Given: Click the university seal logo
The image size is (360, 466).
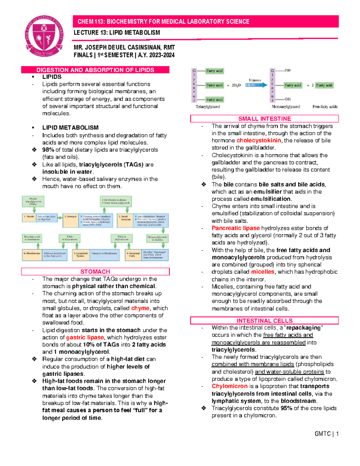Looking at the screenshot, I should (x=44, y=36).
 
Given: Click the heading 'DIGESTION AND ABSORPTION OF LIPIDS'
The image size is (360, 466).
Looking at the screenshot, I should (x=95, y=70).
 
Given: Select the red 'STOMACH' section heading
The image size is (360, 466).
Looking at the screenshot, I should (x=95, y=272).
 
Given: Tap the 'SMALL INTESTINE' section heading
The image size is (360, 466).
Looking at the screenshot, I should (x=264, y=119).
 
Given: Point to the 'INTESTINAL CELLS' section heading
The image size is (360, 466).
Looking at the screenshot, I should (x=264, y=321).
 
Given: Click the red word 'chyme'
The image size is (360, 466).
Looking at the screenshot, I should (x=140, y=308).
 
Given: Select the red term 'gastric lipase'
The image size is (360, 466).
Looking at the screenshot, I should (x=85, y=337).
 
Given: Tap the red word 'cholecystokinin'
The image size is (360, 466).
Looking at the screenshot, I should (x=259, y=140).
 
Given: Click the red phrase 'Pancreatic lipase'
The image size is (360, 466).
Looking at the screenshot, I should (x=235, y=228).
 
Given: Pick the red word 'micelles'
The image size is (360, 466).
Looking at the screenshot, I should (x=262, y=272).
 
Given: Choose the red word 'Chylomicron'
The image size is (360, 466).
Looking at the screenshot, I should (x=229, y=386).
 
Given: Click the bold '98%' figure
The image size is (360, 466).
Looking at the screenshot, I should (x=48, y=150).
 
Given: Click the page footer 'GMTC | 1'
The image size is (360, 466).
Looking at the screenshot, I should (x=326, y=434).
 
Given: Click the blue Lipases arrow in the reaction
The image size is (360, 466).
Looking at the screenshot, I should (x=256, y=85).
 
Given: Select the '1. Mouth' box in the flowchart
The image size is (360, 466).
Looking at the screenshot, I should (x=29, y=218).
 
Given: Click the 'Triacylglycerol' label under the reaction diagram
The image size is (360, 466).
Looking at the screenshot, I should (x=208, y=107).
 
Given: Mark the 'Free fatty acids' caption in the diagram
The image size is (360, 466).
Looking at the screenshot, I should (x=325, y=107).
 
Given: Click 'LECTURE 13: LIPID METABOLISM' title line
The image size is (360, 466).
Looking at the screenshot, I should (x=117, y=33).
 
